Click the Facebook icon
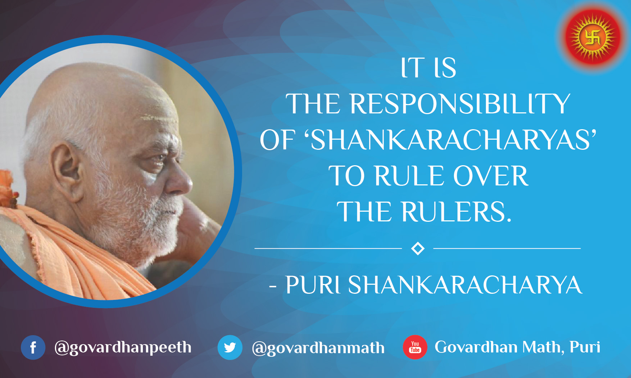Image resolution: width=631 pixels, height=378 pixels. click(33, 347)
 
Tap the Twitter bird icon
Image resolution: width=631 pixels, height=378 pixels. click(230, 347)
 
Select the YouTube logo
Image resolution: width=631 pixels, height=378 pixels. click(415, 347)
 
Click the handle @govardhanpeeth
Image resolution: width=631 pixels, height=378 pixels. click(123, 347)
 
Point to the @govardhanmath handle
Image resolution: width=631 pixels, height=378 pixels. click(318, 348)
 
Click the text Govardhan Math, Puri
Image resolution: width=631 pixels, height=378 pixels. click(517, 347)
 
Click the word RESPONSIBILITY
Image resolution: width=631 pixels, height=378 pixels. click(460, 104)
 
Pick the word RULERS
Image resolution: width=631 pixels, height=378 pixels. click(456, 212)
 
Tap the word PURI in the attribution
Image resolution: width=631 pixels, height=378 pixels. click(313, 285)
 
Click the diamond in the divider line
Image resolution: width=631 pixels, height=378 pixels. click(418, 248)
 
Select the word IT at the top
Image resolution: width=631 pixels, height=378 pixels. click(413, 68)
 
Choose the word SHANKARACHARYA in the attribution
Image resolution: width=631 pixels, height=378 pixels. click(465, 285)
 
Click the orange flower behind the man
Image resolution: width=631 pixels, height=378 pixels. click(7, 189)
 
